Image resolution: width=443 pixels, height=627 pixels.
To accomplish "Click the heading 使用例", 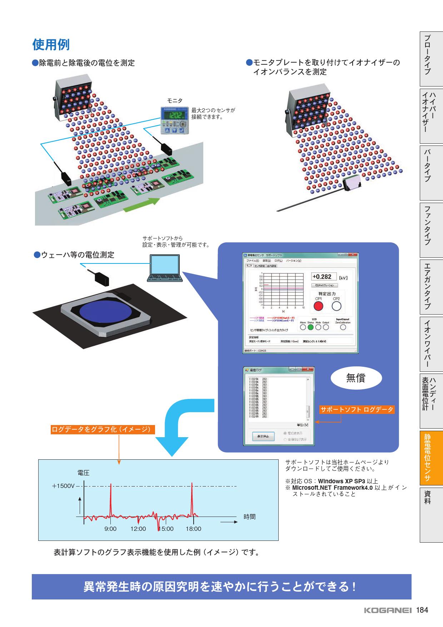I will (51, 45).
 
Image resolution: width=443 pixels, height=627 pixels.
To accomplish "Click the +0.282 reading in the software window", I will (322, 277).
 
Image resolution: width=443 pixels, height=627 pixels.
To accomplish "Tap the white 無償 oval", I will (356, 378).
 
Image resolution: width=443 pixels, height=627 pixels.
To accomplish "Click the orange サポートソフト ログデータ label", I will (357, 410).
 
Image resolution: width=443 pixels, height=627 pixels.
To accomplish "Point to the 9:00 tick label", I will (110, 529).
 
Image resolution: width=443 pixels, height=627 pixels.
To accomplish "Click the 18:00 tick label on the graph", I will (193, 529).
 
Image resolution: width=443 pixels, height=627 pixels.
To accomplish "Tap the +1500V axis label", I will (63, 486).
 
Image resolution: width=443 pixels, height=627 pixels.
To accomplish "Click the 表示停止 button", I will (263, 436).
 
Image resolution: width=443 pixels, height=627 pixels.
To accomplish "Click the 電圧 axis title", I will (83, 473).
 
